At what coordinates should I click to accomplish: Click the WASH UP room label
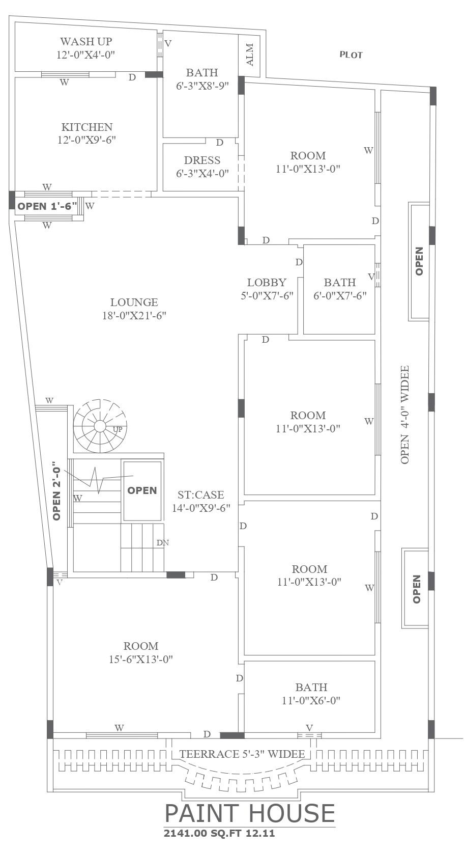click(x=86, y=48)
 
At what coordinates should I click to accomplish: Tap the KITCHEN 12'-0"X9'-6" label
click(x=86, y=133)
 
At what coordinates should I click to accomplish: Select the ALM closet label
click(x=250, y=54)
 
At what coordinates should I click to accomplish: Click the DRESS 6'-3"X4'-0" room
click(x=202, y=167)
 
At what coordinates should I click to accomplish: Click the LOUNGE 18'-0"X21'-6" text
click(x=134, y=309)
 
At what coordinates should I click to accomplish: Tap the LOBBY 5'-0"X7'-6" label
click(x=267, y=289)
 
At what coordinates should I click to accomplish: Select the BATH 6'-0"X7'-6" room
click(x=340, y=289)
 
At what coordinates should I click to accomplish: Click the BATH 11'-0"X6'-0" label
click(x=311, y=694)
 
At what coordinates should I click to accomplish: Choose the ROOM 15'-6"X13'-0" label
click(x=141, y=652)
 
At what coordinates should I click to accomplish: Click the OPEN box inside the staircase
click(x=142, y=490)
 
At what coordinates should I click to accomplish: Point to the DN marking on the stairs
click(x=162, y=543)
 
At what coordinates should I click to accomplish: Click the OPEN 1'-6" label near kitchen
click(x=47, y=207)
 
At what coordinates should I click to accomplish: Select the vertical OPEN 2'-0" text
click(x=57, y=490)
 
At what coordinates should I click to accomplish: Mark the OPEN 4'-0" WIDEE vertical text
click(x=405, y=414)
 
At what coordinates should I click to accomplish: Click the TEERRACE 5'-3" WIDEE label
click(x=242, y=754)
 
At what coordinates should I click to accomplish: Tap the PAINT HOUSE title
click(x=250, y=813)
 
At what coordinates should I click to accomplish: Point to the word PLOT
click(x=351, y=54)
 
